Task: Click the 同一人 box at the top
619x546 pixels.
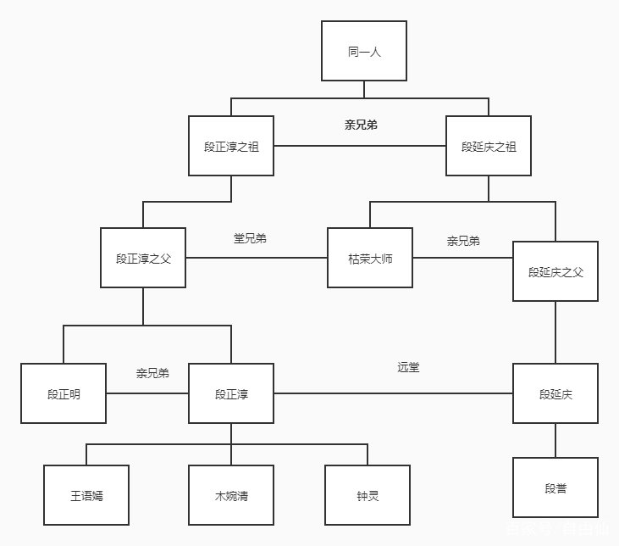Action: click(x=364, y=51)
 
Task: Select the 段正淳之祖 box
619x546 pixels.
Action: click(x=231, y=146)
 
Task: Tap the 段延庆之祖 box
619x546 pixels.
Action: click(x=489, y=146)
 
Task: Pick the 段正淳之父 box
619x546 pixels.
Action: click(x=143, y=258)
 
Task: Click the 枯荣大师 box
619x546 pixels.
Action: click(x=370, y=258)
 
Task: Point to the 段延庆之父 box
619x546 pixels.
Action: click(x=555, y=271)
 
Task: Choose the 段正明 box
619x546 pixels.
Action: click(x=64, y=393)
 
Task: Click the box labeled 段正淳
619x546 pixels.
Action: click(x=231, y=393)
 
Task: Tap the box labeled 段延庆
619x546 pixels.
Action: click(x=555, y=393)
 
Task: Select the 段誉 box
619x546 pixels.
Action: click(x=555, y=487)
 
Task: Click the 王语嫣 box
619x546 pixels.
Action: click(x=86, y=495)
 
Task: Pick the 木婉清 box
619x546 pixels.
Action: click(x=231, y=495)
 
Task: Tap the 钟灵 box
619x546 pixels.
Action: click(x=368, y=495)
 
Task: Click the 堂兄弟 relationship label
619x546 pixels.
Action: click(x=250, y=238)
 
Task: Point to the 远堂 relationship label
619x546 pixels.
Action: click(x=408, y=367)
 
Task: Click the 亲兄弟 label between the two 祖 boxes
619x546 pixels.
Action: click(x=361, y=125)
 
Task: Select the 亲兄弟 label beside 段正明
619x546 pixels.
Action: click(x=152, y=373)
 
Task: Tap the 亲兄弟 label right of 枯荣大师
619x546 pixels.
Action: click(x=463, y=241)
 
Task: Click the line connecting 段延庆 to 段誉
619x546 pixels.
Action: click(x=555, y=440)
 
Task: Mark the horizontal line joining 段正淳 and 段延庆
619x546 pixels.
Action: click(x=393, y=393)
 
